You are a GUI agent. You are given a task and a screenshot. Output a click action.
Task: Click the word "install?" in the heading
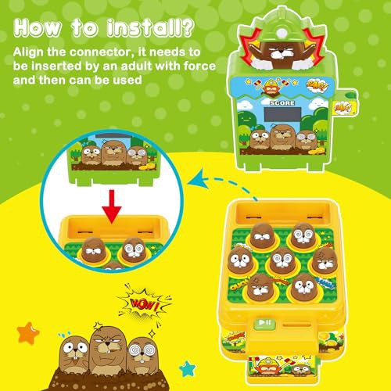click(151, 28)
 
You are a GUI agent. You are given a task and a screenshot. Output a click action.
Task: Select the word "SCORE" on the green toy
click(282, 103)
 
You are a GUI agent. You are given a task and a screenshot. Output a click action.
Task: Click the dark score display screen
click(282, 114)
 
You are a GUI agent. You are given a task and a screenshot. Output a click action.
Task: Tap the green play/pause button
click(264, 323)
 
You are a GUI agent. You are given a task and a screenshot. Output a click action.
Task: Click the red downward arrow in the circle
click(112, 206)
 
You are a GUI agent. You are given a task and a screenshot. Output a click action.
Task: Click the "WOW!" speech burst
click(144, 304)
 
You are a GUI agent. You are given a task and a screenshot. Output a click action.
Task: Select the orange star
click(28, 333)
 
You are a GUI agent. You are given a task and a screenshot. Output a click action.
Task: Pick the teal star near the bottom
click(187, 368)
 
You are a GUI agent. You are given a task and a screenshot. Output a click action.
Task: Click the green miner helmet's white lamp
click(282, 33)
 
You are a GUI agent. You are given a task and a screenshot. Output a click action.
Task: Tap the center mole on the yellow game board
click(282, 261)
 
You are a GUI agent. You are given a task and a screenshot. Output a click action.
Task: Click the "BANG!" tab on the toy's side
click(343, 108)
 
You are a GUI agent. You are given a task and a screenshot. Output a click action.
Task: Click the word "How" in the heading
click(38, 28)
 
